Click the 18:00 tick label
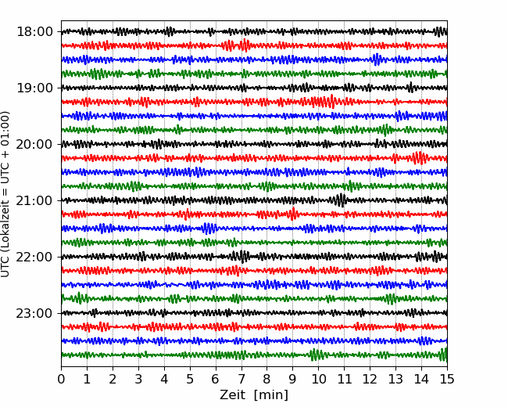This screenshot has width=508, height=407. pyautogui.click(x=34, y=32)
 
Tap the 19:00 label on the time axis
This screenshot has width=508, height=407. pyautogui.click(x=34, y=88)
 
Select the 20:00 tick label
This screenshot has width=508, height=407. pyautogui.click(x=34, y=144)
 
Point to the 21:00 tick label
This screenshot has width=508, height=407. pyautogui.click(x=34, y=200)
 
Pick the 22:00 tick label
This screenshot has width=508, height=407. pyautogui.click(x=34, y=257)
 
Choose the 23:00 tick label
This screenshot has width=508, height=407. pyautogui.click(x=34, y=313)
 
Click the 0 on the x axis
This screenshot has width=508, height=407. pyautogui.click(x=61, y=379)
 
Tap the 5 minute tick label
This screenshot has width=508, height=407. pyautogui.click(x=190, y=379)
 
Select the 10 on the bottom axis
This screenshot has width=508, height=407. pyautogui.click(x=318, y=379)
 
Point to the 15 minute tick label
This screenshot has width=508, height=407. pyautogui.click(x=447, y=379)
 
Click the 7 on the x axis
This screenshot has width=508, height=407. pyautogui.click(x=241, y=379)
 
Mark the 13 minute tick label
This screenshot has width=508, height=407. pyautogui.click(x=395, y=379)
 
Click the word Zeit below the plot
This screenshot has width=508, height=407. pyautogui.click(x=232, y=394)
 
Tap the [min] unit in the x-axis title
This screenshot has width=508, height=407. pyautogui.click(x=271, y=395)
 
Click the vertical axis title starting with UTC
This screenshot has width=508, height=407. pyautogui.click(x=5, y=194)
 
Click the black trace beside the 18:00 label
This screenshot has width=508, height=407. pyautogui.click(x=254, y=32)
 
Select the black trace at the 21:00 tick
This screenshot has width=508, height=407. pyautogui.click(x=254, y=200)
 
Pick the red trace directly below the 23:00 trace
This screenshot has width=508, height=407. pyautogui.click(x=254, y=327)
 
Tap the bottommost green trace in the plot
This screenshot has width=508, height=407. pyautogui.click(x=254, y=355)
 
